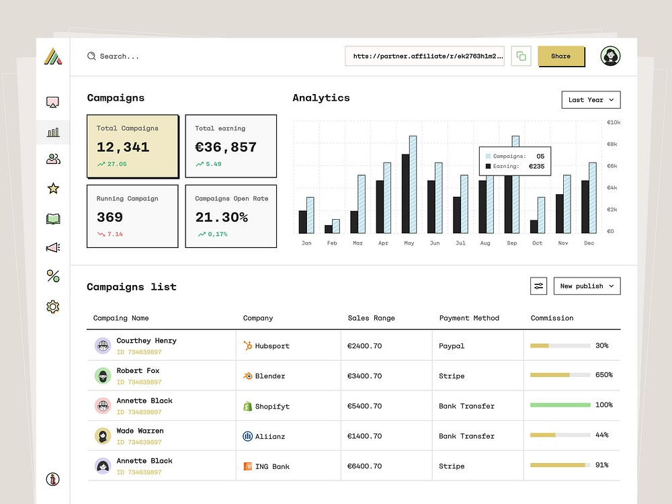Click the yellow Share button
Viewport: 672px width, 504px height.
561,56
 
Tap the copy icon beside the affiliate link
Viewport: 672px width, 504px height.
521,56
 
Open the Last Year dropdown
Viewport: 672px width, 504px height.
591,100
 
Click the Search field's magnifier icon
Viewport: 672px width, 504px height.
91,56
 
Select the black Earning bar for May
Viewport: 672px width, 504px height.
405,194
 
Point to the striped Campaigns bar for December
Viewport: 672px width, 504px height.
593,198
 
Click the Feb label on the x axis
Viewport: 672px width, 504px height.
332,243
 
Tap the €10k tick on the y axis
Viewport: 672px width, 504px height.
614,122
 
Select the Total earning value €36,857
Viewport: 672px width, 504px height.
226,147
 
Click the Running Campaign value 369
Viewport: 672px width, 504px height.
110,217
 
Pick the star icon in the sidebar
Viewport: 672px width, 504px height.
53,188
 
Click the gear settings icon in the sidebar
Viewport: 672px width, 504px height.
52,307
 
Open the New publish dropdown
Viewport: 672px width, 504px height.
587,286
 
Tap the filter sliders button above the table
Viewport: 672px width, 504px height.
539,286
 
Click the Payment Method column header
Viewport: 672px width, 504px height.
469,318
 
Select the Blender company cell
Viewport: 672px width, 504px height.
264,376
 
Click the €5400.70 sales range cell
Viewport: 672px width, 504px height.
365,406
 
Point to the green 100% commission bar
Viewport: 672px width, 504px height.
560,405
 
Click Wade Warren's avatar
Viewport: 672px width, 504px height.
103,436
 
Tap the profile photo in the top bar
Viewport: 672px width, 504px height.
610,56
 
